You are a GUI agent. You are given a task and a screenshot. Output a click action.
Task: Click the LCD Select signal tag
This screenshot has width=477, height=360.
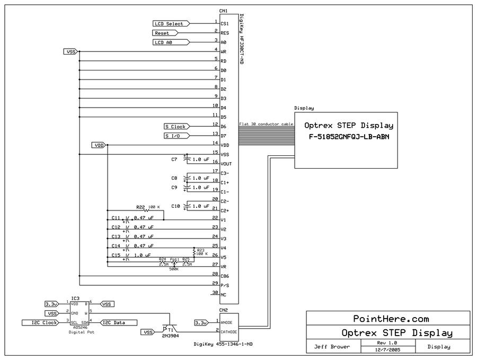pos(169,24)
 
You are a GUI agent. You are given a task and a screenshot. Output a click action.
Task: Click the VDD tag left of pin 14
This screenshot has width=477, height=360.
pos(99,145)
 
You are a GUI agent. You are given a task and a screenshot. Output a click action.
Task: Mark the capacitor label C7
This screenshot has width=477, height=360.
pos(174,159)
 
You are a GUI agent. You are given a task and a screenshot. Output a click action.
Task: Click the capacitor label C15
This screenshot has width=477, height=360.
pos(116,255)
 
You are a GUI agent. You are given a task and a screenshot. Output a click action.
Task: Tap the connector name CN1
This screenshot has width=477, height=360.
pos(223,11)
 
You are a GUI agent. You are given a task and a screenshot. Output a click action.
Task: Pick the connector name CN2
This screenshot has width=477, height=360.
pos(223,310)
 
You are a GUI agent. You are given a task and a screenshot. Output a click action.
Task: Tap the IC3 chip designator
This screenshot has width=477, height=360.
pos(75,298)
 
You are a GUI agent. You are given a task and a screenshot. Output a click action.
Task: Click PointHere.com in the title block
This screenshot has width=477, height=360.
pos(391,319)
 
